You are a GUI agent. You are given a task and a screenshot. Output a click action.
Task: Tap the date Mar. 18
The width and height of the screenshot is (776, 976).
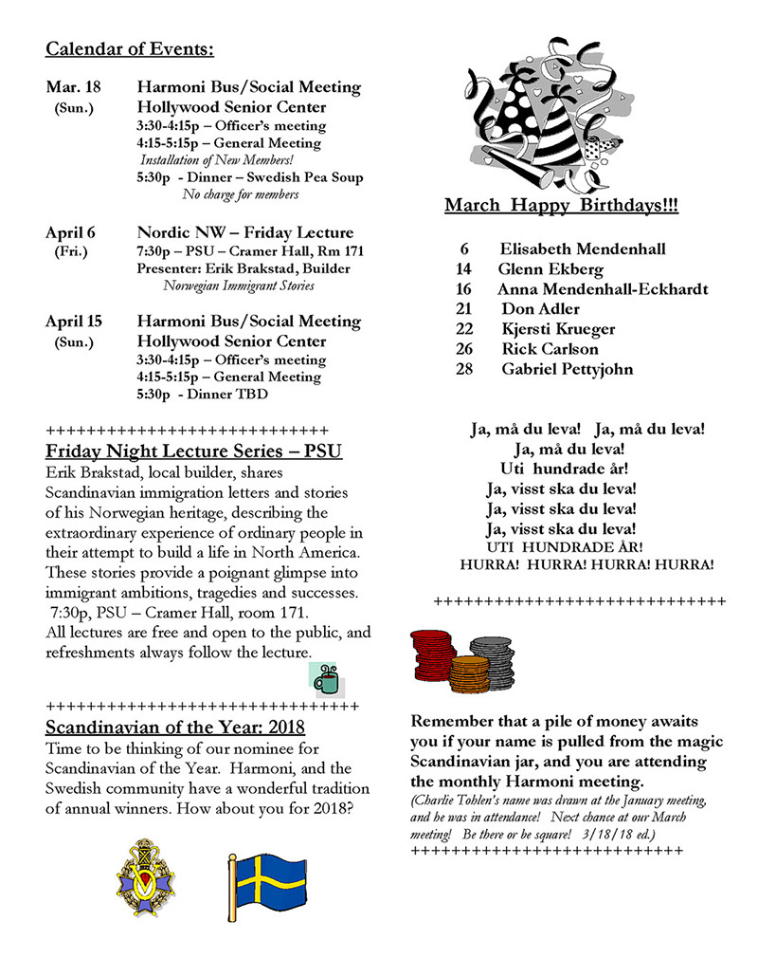[x=68, y=87]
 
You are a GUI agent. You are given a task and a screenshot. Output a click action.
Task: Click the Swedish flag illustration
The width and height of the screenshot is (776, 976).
[x=266, y=887]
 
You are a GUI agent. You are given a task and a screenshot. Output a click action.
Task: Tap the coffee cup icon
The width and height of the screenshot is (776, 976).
[x=325, y=679]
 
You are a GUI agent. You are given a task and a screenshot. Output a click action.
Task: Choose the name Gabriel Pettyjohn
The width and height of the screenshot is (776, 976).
[x=567, y=369]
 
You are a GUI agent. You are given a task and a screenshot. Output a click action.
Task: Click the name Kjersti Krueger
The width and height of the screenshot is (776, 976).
[x=558, y=329]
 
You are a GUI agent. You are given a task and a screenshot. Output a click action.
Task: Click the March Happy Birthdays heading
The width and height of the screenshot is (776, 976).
[x=561, y=206]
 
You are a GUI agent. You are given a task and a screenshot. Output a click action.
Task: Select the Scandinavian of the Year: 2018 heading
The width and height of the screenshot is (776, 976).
[x=175, y=727]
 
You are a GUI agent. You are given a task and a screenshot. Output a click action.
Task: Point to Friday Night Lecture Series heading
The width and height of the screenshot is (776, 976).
[x=193, y=451]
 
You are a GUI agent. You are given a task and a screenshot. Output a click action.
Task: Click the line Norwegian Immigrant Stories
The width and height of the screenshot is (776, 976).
[x=239, y=285]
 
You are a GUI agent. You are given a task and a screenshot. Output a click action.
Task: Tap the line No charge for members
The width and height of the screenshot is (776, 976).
[x=241, y=194]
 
